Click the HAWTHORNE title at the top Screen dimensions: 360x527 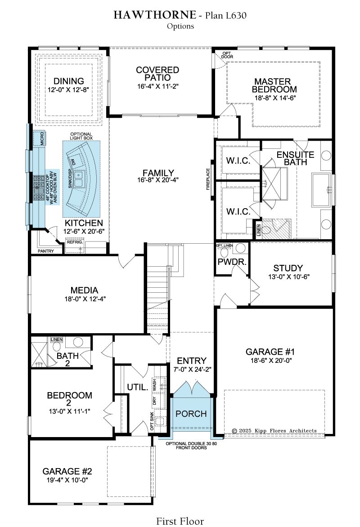pos(154,15)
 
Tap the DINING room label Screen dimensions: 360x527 pos(69,81)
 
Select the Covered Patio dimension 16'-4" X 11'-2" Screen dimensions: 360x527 pos(157,86)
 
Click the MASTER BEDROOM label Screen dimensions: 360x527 pos(274,85)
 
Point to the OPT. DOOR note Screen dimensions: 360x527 pos(227,55)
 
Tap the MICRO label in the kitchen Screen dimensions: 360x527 pos(42,138)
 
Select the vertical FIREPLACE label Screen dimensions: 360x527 pos(208,179)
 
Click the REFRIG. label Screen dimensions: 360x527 pos(75,242)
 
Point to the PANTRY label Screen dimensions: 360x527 pos(46,251)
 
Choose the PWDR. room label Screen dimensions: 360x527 pos(232,262)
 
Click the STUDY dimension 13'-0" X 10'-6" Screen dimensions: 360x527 pos(288,277)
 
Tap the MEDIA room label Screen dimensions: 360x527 pos(84,290)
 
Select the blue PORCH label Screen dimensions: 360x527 pos(191,414)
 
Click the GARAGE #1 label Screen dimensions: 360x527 pos(270,352)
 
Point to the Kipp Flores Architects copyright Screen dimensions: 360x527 pos(274,430)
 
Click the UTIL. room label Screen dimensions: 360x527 pos(138,387)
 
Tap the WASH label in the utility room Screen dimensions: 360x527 pos(154,385)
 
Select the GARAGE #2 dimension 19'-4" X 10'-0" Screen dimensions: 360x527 pos(67,480)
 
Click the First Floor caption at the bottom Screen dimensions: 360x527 pos(180,521)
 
